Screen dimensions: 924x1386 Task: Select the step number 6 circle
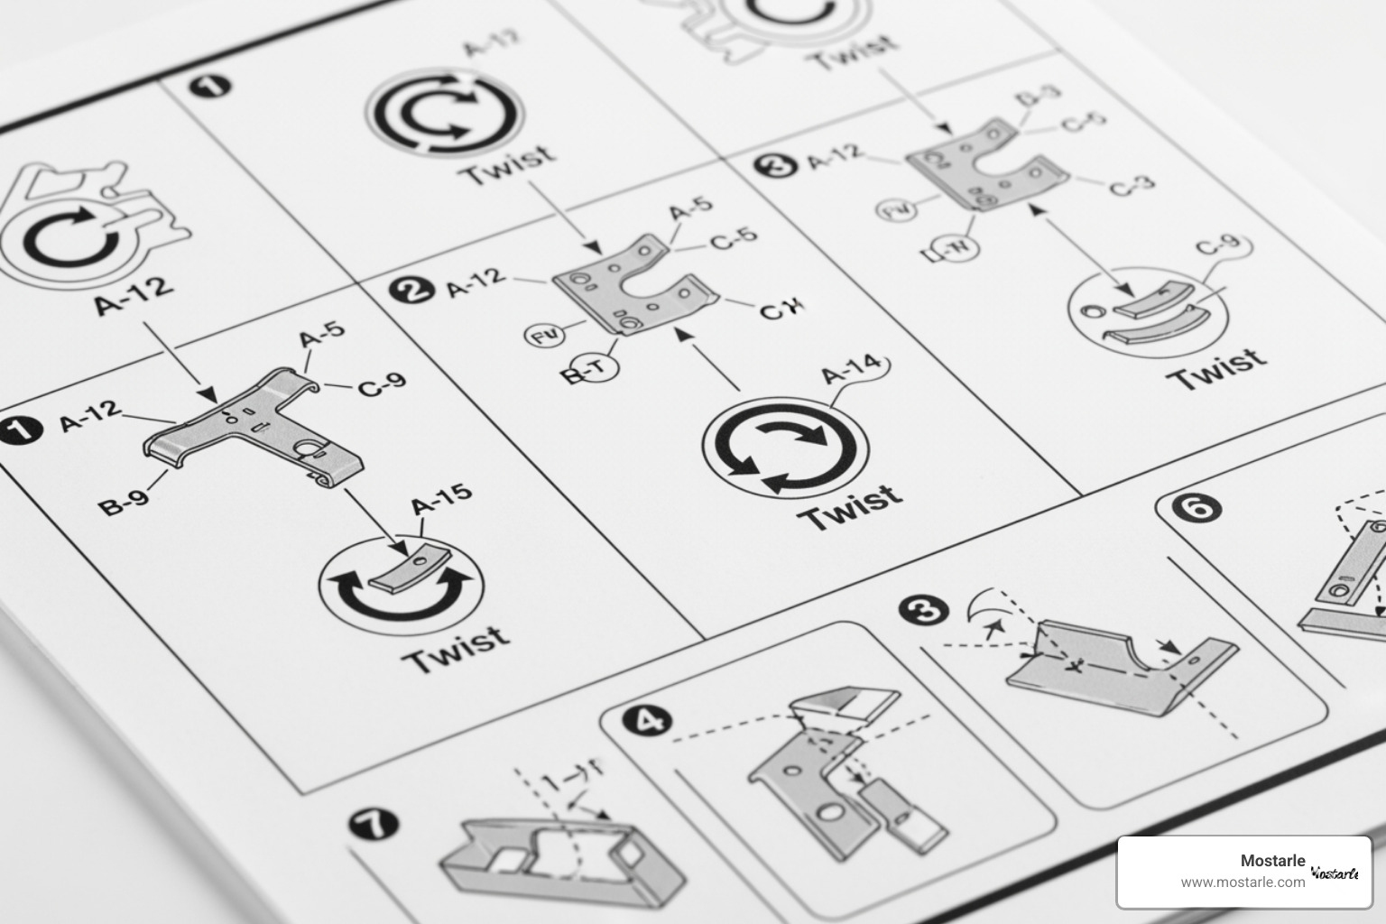click(x=1200, y=509)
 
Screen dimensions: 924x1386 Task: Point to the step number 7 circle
click(x=374, y=824)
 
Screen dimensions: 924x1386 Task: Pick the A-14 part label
click(x=850, y=369)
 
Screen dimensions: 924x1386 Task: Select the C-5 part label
click(x=734, y=239)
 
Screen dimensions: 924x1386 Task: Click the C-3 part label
click(x=1132, y=186)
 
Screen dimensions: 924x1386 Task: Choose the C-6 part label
click(x=1083, y=122)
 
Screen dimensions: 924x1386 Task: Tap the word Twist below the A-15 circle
click(x=455, y=647)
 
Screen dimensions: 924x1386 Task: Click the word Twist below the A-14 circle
click(x=850, y=507)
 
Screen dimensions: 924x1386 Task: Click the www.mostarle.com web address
click(x=1243, y=882)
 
